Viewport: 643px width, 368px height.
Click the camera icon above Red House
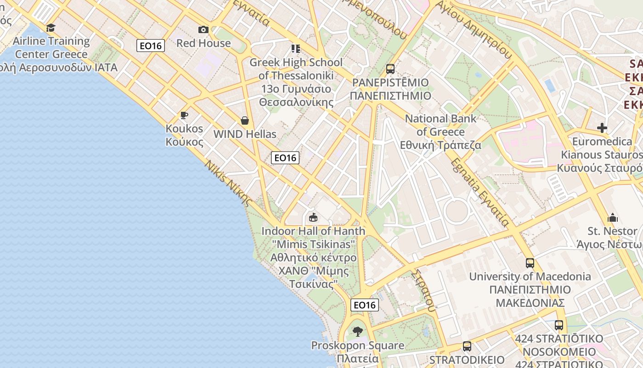(x=203, y=30)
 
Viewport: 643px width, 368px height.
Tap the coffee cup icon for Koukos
(x=184, y=115)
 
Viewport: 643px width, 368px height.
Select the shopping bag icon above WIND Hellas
(x=245, y=121)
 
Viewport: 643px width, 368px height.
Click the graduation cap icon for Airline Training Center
(x=51, y=28)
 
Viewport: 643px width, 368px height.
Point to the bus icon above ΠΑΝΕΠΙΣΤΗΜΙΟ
(x=390, y=69)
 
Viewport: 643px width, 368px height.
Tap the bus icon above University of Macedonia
(x=530, y=263)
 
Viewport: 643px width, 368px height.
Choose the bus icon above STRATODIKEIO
(x=467, y=346)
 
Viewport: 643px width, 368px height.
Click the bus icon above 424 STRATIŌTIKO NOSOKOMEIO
(x=559, y=325)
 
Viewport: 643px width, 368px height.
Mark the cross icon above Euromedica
(x=602, y=128)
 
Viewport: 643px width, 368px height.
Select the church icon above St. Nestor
(x=613, y=218)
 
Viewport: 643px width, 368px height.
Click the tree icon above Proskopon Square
(x=358, y=331)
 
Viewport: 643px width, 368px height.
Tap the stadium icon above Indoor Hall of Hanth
(x=313, y=217)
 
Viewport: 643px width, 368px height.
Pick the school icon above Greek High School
(x=296, y=48)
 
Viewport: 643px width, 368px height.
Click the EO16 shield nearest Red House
(x=151, y=46)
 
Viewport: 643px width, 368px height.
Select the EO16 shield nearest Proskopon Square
(x=365, y=305)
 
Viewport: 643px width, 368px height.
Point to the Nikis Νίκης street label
(x=229, y=183)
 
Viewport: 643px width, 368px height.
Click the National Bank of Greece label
(x=440, y=132)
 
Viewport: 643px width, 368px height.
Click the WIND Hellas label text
(x=245, y=134)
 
